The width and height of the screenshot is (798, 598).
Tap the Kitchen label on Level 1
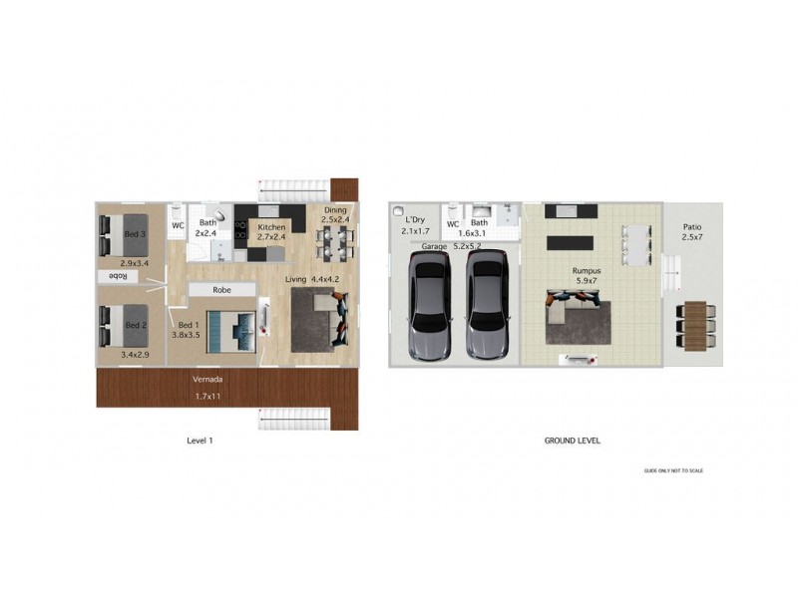coord(271,227)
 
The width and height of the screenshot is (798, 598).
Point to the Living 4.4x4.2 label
coord(313,279)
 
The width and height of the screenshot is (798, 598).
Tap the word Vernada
coord(207,380)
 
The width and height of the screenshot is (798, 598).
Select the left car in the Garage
coord(430,305)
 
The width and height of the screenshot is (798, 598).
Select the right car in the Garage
coord(487,305)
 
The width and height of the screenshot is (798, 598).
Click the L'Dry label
coord(415,219)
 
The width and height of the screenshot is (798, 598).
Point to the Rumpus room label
coord(586,270)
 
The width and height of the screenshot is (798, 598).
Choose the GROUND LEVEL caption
coord(572,441)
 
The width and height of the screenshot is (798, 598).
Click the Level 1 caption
coord(200,441)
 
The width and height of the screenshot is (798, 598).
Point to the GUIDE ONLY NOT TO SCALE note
coord(673,470)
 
